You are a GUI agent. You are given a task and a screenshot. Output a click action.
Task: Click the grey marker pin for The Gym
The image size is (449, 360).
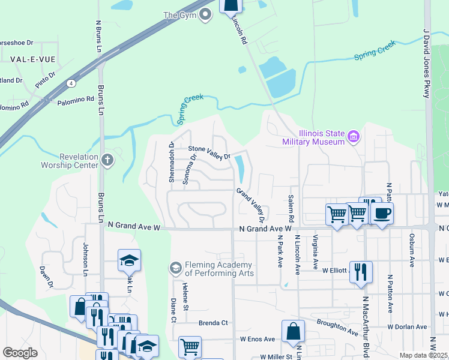click(205, 16)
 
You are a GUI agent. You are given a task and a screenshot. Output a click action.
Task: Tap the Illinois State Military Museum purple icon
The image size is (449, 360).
click(354, 137)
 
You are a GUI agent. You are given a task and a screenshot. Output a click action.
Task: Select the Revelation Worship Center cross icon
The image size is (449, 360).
click(107, 160)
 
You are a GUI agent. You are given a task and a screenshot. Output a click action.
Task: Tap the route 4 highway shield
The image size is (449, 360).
click(71, 82)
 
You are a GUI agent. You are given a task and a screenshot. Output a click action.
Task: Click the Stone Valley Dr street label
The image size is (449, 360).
click(209, 152)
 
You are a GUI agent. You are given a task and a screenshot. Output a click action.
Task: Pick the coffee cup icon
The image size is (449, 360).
click(382, 213)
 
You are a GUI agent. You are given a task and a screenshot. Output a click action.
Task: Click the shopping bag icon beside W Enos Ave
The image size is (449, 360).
click(293, 331)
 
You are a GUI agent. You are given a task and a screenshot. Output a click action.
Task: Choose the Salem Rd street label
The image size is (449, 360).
click(291, 206)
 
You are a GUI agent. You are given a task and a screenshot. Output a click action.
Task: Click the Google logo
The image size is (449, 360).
click(20, 353)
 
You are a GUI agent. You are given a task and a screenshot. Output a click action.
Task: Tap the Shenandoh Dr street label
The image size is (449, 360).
click(171, 163)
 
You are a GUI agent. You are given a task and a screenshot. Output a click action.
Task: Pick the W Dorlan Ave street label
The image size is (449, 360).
click(407, 327)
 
